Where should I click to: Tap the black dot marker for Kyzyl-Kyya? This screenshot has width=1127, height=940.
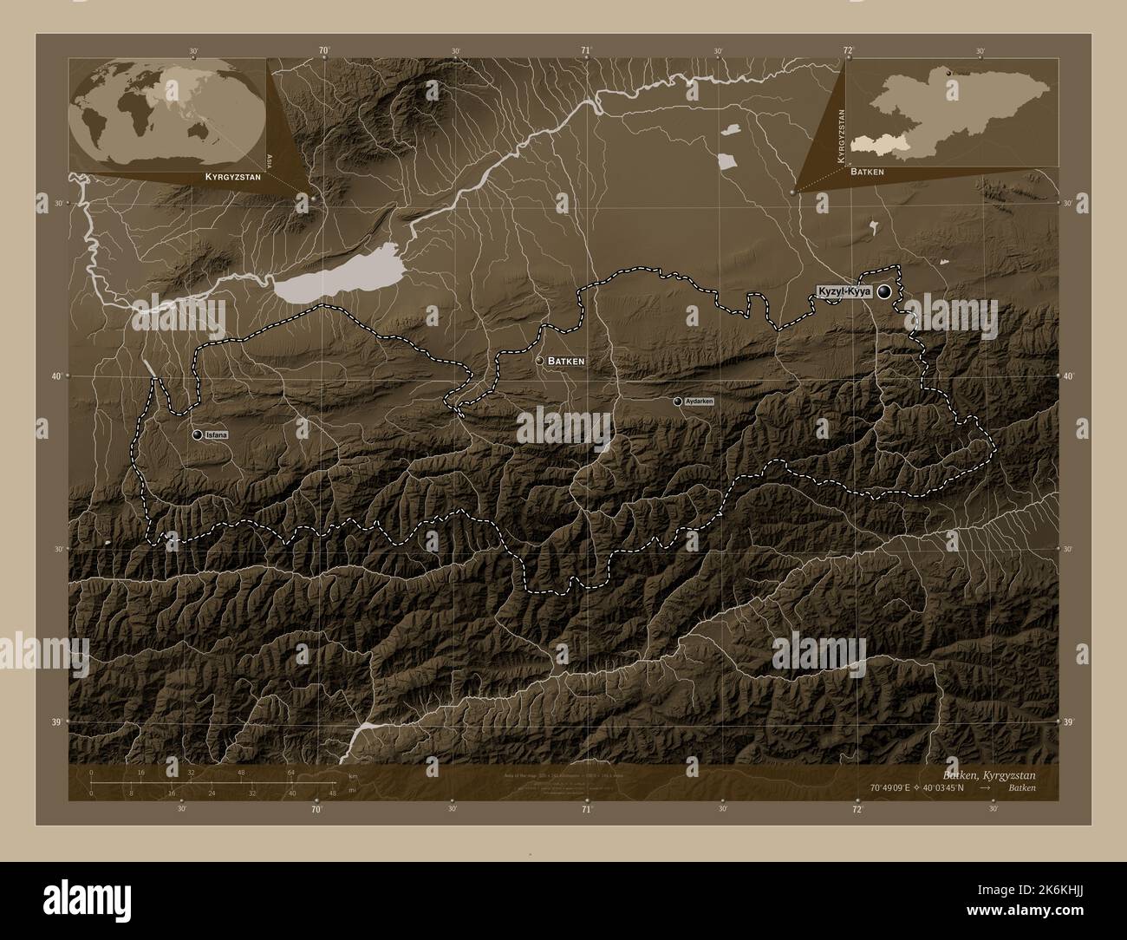[x=884, y=292]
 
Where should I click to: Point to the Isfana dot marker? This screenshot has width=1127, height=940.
[x=198, y=434]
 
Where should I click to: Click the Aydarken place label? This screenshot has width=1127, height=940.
[x=699, y=401]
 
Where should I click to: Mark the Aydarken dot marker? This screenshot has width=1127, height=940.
[x=677, y=401]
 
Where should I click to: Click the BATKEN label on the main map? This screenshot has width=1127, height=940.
[x=567, y=361]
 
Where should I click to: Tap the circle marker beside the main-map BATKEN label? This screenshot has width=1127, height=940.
[x=539, y=361]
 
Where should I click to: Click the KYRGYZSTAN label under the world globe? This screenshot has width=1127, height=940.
[x=231, y=176]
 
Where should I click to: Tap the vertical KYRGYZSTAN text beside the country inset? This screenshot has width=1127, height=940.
[x=839, y=137]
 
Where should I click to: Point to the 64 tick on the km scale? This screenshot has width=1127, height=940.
[x=292, y=772]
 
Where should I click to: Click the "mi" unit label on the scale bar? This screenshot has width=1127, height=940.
[x=350, y=792]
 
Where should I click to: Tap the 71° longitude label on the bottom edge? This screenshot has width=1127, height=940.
[x=587, y=810]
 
